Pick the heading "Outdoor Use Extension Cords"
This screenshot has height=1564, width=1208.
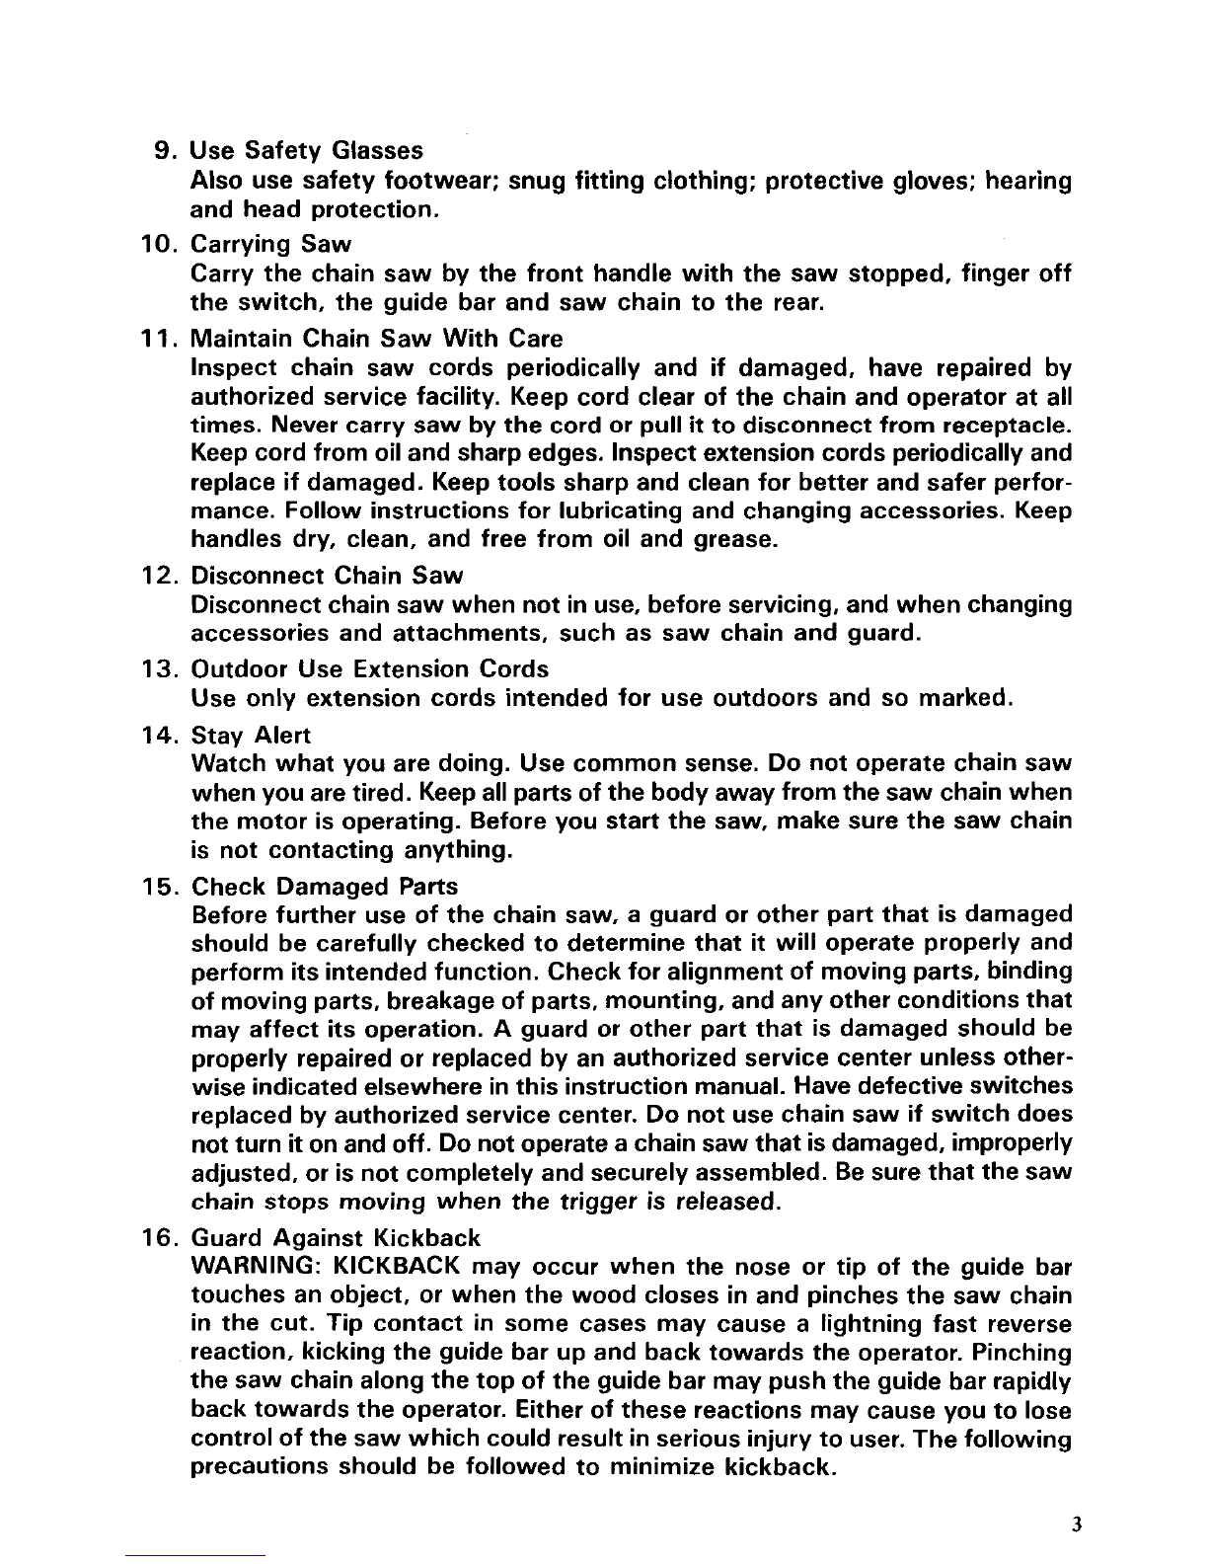coord(369,669)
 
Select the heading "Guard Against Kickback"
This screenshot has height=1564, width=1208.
coord(335,1237)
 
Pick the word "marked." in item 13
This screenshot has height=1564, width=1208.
coord(962,700)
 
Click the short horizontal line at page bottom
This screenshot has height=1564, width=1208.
coord(196,1556)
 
